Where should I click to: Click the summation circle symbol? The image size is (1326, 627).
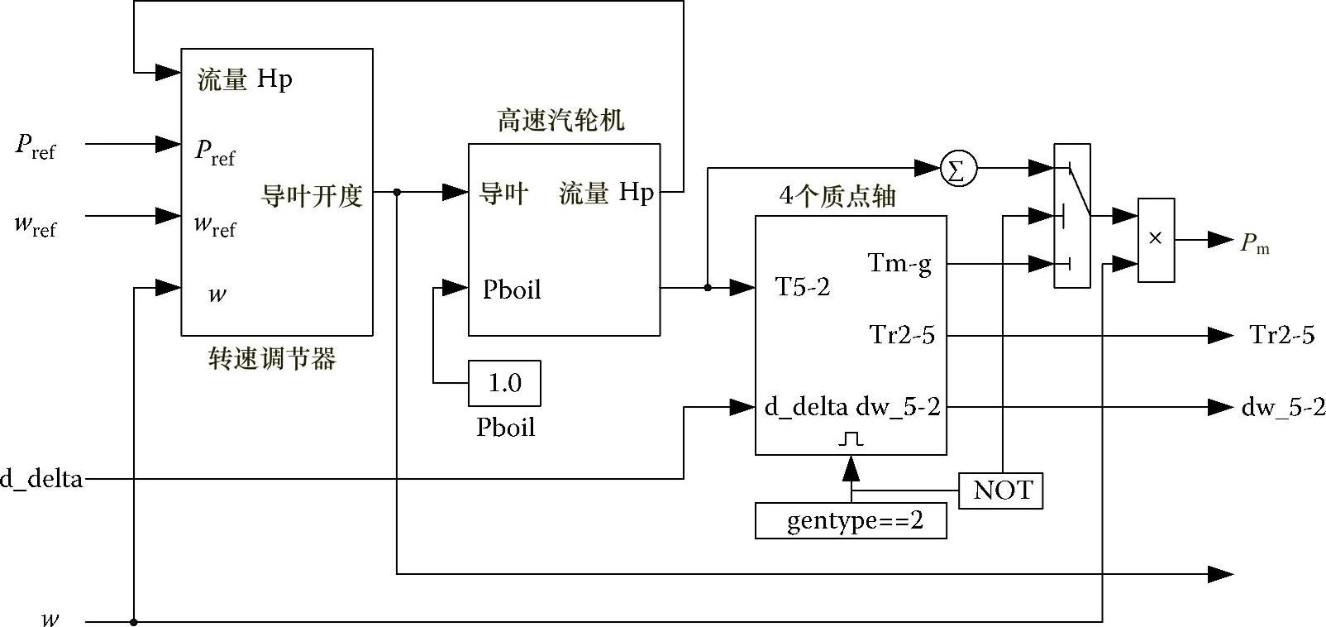[x=958, y=169]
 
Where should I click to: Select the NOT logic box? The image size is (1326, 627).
[x=1001, y=491]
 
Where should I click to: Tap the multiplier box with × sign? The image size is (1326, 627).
[x=1156, y=240]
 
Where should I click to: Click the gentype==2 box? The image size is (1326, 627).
[x=851, y=522]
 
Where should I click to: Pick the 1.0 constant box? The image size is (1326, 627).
[x=504, y=383]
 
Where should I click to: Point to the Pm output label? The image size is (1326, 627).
[x=1254, y=243]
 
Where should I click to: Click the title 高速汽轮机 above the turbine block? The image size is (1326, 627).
[x=560, y=121]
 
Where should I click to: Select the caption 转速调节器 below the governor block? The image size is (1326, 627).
[x=272, y=359]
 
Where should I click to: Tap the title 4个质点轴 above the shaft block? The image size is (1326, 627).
[x=837, y=196]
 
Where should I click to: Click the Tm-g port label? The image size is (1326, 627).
[x=899, y=264]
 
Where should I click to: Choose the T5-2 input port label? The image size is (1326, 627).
[x=802, y=287]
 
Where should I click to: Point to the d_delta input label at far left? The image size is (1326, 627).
[x=41, y=479]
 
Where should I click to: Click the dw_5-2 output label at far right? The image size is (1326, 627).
[x=1282, y=407]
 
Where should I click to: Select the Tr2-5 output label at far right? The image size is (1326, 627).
[x=1281, y=335]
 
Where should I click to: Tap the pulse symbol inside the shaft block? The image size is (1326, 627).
[x=851, y=438]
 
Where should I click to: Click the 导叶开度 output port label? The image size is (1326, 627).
[x=312, y=196]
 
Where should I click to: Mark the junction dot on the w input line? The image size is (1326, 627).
[x=134, y=621]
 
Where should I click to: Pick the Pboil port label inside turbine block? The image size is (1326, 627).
[x=512, y=290]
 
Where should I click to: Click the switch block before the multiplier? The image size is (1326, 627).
[x=1071, y=216]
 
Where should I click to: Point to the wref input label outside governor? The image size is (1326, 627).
[x=36, y=225]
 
